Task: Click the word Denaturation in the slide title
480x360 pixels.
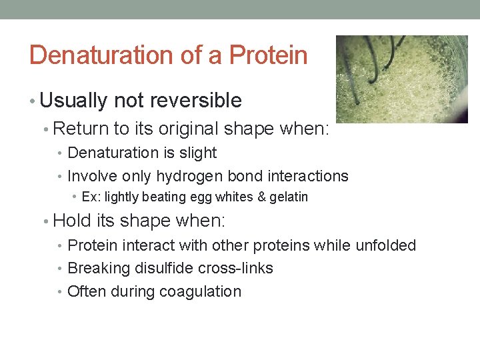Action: [x=96, y=55]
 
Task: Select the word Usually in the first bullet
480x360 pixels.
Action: [x=74, y=101]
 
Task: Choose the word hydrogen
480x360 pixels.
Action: [x=188, y=176]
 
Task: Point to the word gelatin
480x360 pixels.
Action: [x=288, y=197]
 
